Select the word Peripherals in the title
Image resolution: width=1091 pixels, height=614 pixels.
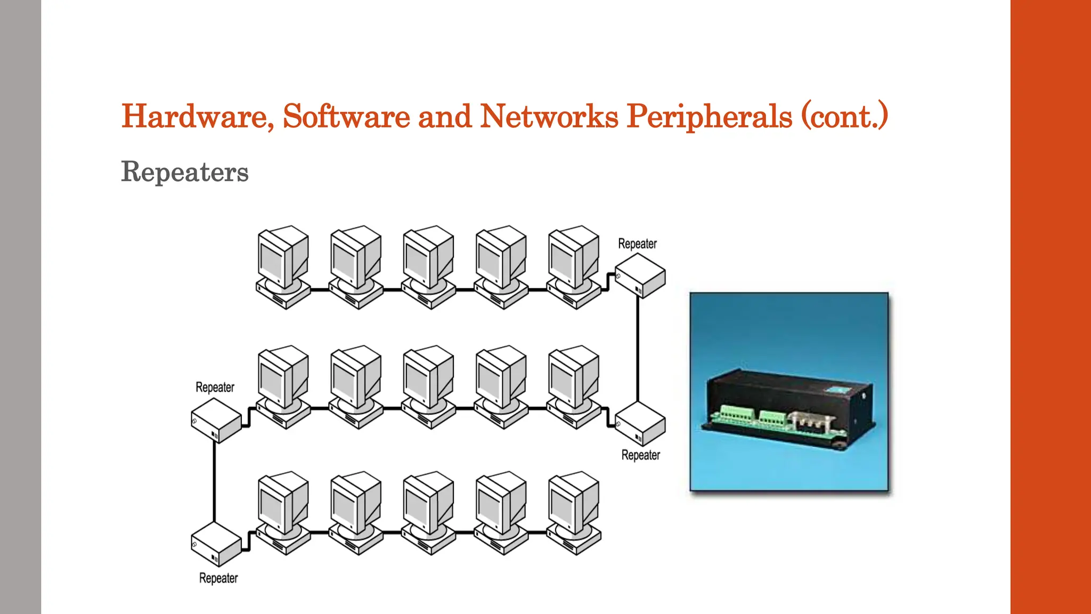tap(709, 116)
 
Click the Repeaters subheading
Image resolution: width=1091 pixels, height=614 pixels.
tap(185, 172)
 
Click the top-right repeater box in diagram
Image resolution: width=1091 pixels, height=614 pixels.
tap(640, 276)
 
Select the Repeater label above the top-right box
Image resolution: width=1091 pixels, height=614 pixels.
tap(637, 244)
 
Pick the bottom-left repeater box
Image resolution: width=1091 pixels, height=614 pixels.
tap(216, 544)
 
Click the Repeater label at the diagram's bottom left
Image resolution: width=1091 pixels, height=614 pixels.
tap(218, 578)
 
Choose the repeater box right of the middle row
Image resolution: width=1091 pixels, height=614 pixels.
tap(640, 424)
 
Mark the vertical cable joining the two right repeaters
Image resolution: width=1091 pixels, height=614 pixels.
tap(638, 349)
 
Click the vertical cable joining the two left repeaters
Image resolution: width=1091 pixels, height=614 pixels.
tap(214, 482)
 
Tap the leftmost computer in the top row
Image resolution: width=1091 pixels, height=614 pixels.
tap(283, 266)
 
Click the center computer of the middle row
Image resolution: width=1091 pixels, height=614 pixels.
tap(428, 386)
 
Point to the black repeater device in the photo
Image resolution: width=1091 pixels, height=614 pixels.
tap(788, 408)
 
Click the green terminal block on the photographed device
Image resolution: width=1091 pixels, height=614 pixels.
tap(738, 414)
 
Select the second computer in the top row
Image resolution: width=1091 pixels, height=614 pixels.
tap(356, 266)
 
